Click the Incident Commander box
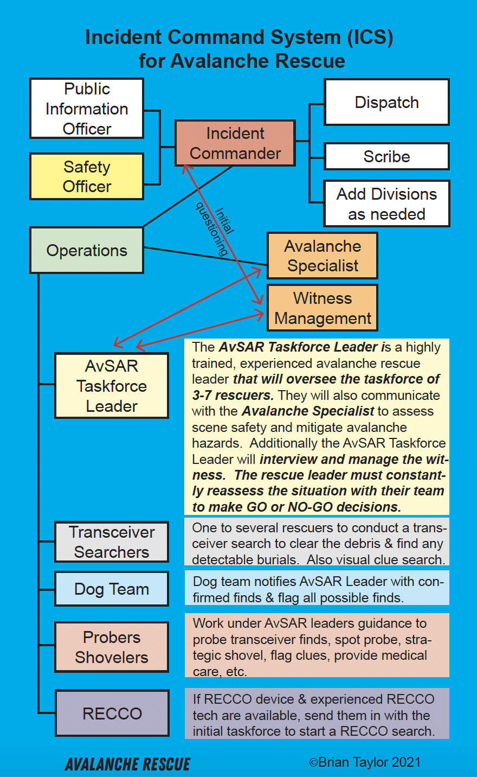coord(235,143)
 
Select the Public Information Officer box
coord(87,109)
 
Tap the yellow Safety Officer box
coord(87,176)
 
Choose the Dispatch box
coord(386,103)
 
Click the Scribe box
coord(386,157)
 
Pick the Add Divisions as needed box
coord(386,203)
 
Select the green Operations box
coord(87,251)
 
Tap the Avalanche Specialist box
coord(323,256)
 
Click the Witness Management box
coord(323,308)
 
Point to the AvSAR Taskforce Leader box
coord(112,386)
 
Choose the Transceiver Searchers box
coord(112,542)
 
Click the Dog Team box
coord(112,589)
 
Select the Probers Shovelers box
coord(112,647)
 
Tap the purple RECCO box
coord(112,713)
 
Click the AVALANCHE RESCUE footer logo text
coord(128,765)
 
